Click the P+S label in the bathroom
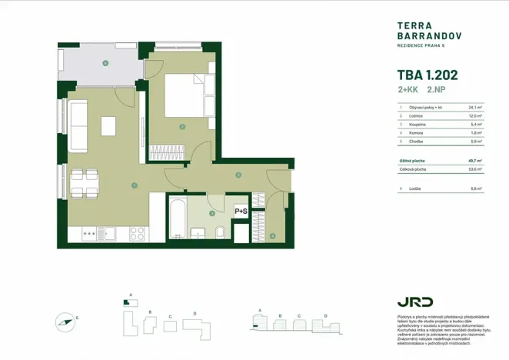coord(241,210)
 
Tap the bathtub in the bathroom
coord(178,218)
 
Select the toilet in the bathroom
coord(220,232)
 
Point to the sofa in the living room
coord(78,118)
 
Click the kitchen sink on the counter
coord(111,232)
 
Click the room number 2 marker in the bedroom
coord(181,127)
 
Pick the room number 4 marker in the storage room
coord(272,235)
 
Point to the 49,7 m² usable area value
coord(476,160)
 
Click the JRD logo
coord(414,302)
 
